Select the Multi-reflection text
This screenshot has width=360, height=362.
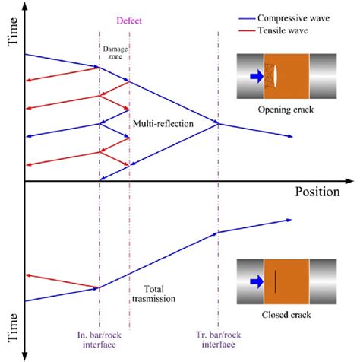pyautogui.click(x=163, y=122)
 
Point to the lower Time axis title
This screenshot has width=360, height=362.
pyautogui.click(x=11, y=326)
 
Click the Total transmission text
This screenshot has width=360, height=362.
pyautogui.click(x=159, y=294)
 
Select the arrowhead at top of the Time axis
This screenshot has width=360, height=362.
pyautogui.click(x=26, y=6)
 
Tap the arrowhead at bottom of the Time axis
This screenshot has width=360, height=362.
pyautogui.click(x=26, y=355)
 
